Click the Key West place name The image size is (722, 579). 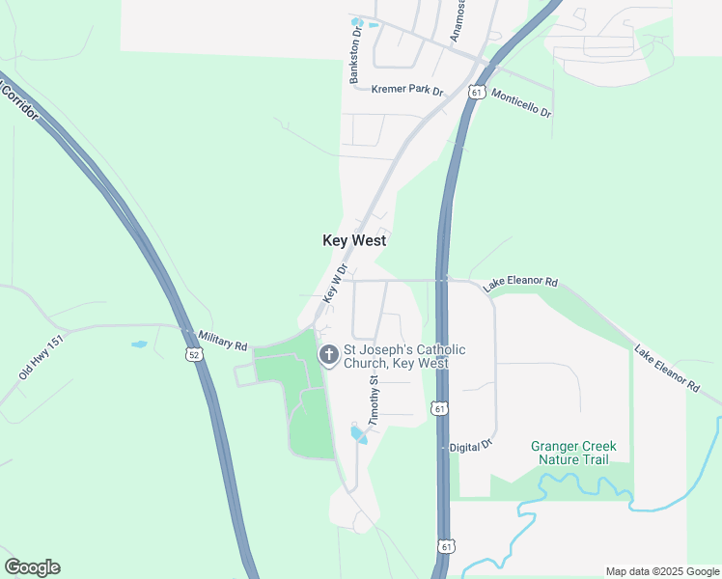[x=354, y=240]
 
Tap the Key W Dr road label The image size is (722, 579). [x=335, y=285]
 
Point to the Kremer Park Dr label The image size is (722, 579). [x=406, y=91]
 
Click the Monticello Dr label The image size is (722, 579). [x=520, y=103]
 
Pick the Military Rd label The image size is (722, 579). [x=223, y=342]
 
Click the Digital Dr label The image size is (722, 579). [x=471, y=447]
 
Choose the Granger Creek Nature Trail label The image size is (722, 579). [x=573, y=453]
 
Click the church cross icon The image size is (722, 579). [x=328, y=355]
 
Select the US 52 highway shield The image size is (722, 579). [x=195, y=355]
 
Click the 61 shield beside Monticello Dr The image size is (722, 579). [x=476, y=92]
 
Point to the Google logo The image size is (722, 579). [x=32, y=567]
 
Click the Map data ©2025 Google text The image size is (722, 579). [x=661, y=571]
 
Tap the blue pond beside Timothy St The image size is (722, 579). [x=358, y=435]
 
